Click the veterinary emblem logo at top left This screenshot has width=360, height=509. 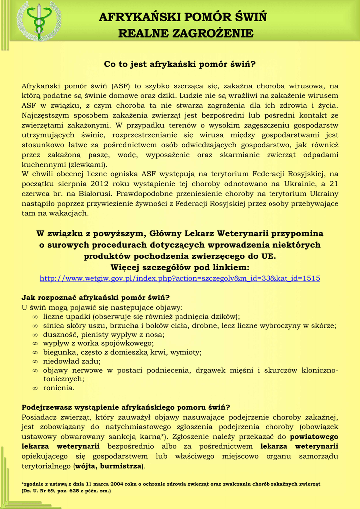(38, 21)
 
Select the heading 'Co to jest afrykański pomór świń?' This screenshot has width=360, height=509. (180, 64)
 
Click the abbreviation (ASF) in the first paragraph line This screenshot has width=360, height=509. (121, 85)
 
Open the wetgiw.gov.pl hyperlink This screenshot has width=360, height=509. (180, 278)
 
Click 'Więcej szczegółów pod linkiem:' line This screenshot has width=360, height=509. (180, 267)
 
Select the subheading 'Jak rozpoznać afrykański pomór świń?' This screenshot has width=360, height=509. (95, 298)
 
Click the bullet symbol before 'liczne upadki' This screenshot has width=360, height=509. (35, 316)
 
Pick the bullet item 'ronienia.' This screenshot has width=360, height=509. (59, 388)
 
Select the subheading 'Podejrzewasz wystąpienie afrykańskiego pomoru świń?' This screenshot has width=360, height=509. (126, 407)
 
